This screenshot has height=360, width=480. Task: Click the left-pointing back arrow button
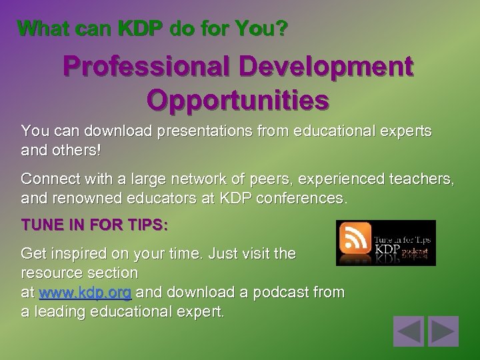point(409,331)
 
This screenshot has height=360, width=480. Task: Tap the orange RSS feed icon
point(355,239)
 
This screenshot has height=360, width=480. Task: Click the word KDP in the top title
point(139,29)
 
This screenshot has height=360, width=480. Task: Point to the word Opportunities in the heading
point(238,99)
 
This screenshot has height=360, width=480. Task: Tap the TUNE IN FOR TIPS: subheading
point(95,226)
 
